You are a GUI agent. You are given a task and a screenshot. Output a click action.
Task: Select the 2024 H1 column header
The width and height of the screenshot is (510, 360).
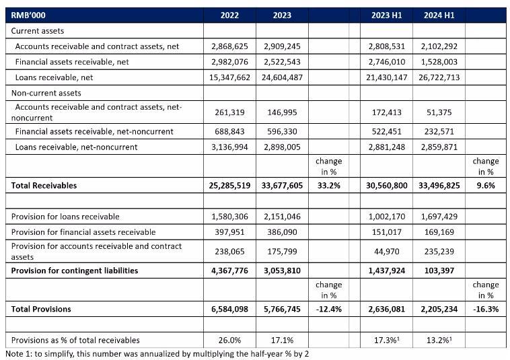coord(439,15)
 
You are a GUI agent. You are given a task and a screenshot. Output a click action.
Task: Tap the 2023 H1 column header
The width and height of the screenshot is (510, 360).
coord(387,15)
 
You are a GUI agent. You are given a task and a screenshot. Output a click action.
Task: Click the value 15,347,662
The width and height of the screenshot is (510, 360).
coord(230,77)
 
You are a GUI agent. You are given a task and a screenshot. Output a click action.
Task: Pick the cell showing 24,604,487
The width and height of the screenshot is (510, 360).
coord(282,77)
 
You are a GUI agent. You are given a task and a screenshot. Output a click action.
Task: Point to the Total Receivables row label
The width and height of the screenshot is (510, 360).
coord(44,185)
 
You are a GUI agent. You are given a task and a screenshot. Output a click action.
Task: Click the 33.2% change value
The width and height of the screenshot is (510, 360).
coord(328,185)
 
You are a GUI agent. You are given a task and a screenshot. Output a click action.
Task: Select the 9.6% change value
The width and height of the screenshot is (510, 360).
coord(485,185)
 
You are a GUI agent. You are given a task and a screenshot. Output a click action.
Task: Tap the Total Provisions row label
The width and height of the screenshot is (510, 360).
coord(41,309)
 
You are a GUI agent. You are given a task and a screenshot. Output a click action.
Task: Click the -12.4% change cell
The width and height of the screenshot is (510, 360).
coord(328,309)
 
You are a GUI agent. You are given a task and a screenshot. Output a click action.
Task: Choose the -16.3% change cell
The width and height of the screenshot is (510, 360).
coord(485,309)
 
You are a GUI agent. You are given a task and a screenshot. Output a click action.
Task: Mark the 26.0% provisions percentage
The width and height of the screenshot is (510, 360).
coord(230,340)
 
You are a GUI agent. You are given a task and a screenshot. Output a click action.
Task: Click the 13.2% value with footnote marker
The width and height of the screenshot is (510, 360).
coord(439,340)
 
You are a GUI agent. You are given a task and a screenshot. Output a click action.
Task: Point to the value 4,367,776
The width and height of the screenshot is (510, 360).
coord(230,271)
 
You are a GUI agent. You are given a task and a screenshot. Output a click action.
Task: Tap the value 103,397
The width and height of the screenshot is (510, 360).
coord(439,271)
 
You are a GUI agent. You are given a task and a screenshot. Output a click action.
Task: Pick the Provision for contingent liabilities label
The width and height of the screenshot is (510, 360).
coord(75,271)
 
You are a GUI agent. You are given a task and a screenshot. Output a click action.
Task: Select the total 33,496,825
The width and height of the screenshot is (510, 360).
coord(439,185)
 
